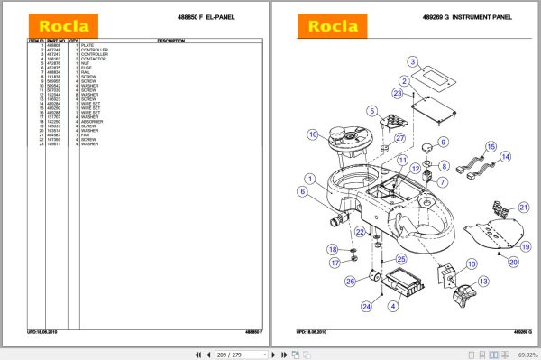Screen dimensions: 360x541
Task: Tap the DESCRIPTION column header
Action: tap(170, 41)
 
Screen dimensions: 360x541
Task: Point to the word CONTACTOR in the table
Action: tap(93, 59)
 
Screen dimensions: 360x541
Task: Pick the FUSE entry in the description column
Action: tap(87, 68)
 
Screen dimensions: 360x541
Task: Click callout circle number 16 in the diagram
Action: tap(312, 135)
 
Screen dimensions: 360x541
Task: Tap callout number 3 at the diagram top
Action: tap(412, 62)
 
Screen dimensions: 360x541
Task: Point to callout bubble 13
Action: tap(484, 282)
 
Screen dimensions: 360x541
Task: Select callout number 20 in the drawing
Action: tap(513, 263)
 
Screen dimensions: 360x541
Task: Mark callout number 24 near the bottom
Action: tap(366, 307)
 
